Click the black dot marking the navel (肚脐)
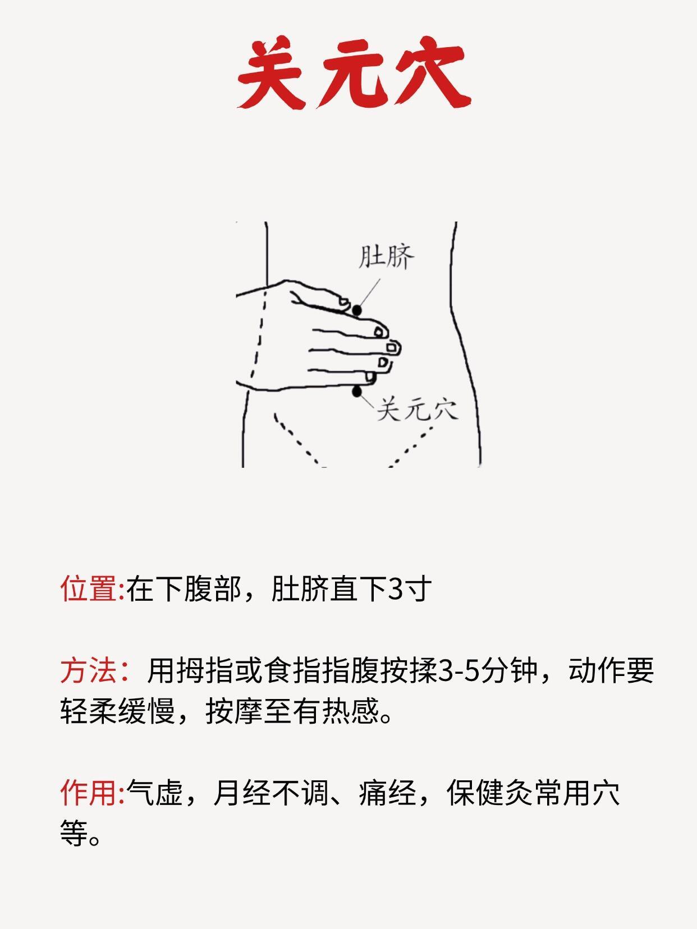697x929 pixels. click(357, 311)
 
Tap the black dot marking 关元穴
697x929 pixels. click(357, 392)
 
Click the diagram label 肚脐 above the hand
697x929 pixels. click(386, 256)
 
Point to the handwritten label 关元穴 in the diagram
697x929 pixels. click(418, 410)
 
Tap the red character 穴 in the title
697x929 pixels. click(432, 72)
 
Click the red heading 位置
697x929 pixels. click(89, 588)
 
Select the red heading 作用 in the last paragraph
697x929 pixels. click(89, 792)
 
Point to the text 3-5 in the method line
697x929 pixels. click(458, 671)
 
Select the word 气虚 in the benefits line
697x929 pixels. click(154, 792)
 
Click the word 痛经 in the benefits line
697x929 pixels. click(388, 792)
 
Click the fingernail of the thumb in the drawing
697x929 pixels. click(343, 302)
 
